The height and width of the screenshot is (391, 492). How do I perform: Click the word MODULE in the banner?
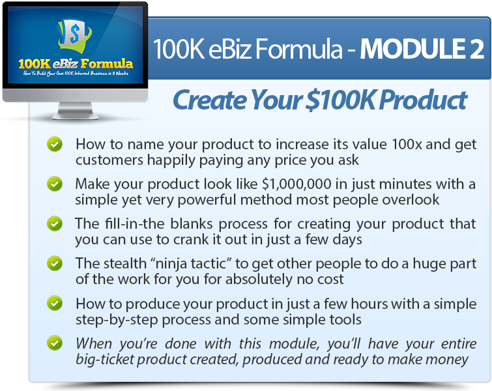pyautogui.click(x=412, y=49)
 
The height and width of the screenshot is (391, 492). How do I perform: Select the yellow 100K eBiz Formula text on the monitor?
pyautogui.click(x=76, y=64)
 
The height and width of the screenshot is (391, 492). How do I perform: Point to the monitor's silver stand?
pyautogui.click(x=76, y=111)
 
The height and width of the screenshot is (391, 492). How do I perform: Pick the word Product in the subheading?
pyautogui.click(x=424, y=100)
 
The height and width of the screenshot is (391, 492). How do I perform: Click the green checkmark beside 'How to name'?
pyautogui.click(x=55, y=144)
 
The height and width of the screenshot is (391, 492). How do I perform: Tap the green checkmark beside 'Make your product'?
pyautogui.click(x=55, y=184)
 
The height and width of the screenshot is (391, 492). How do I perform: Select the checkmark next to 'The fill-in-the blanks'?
pyautogui.click(x=55, y=224)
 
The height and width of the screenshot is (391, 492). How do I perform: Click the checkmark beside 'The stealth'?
pyautogui.click(x=55, y=263)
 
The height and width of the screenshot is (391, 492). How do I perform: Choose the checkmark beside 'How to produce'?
pyautogui.click(x=55, y=303)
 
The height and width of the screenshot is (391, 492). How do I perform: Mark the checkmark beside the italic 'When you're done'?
pyautogui.click(x=55, y=343)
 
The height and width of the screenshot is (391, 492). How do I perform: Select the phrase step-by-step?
pyautogui.click(x=117, y=320)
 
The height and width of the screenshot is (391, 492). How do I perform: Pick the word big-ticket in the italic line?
pyautogui.click(x=105, y=360)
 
